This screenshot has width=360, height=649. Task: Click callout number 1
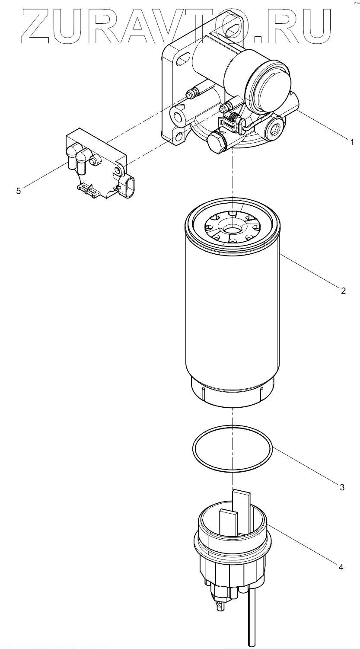tap(352, 141)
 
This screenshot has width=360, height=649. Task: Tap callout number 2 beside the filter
tap(343, 291)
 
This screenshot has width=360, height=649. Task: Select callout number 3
tap(341, 487)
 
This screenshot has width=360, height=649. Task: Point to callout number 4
tap(341, 567)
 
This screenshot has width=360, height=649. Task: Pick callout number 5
tap(18, 191)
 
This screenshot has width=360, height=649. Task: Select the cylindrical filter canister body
tap(232, 320)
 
